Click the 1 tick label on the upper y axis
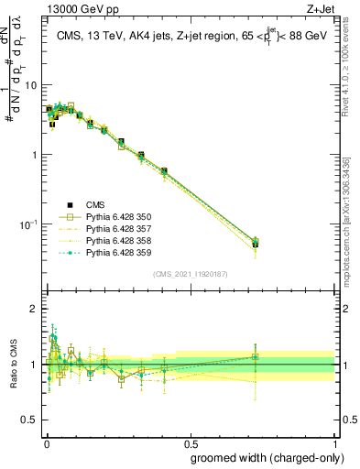[35, 155]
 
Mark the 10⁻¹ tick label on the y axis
[29, 224]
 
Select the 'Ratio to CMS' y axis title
[12, 365]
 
